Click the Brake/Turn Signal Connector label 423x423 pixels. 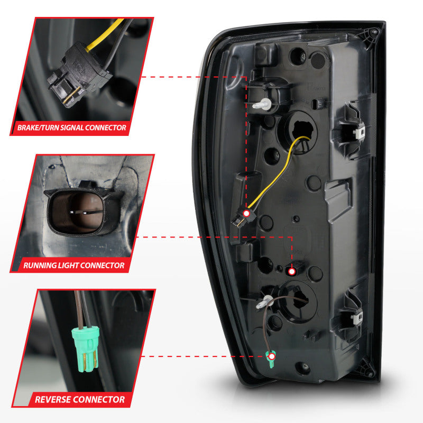tap(72, 127)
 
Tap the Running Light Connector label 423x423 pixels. tap(74, 265)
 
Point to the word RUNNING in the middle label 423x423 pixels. tap(41, 265)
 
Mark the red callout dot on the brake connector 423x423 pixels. tap(246, 213)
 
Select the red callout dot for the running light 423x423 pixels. tap(291, 271)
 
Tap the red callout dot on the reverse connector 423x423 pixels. tap(272, 357)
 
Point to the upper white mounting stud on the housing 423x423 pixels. tap(260, 105)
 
